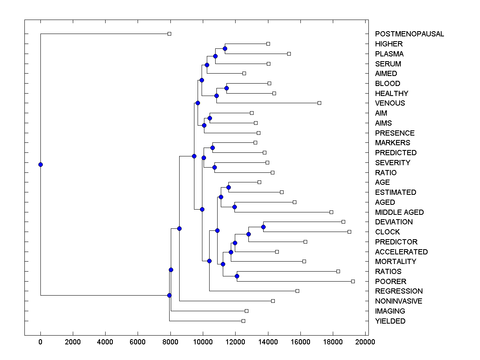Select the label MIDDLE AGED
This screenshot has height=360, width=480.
tap(399, 212)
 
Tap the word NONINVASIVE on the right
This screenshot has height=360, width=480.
tap(398, 301)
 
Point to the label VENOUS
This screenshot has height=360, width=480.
tap(390, 103)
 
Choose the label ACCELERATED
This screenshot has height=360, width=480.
tap(401, 252)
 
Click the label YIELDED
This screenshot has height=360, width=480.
tap(390, 321)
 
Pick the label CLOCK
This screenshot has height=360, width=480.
tap(387, 232)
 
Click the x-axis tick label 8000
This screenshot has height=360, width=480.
tap(170, 342)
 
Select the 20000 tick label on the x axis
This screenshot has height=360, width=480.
tap(365, 342)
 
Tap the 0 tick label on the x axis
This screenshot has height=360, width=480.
tap(40, 342)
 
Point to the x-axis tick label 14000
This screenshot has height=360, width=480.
tap(268, 342)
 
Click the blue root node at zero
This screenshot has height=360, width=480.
tap(40, 164)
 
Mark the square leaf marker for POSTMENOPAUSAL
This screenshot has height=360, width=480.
tap(169, 34)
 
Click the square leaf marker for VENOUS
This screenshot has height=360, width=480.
tap(319, 103)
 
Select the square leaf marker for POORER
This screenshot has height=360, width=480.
tap(353, 281)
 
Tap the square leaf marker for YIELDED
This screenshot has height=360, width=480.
tap(243, 321)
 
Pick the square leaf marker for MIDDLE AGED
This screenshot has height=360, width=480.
tap(331, 212)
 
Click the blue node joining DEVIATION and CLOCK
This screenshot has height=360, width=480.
tap(263, 227)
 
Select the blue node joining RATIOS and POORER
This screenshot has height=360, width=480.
tap(237, 276)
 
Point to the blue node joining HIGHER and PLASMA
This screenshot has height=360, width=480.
tap(225, 48)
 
